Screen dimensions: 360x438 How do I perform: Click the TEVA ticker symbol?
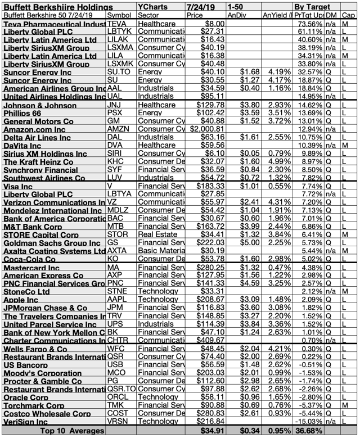click(x=117, y=25)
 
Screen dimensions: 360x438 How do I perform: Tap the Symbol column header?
click(x=119, y=15)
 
